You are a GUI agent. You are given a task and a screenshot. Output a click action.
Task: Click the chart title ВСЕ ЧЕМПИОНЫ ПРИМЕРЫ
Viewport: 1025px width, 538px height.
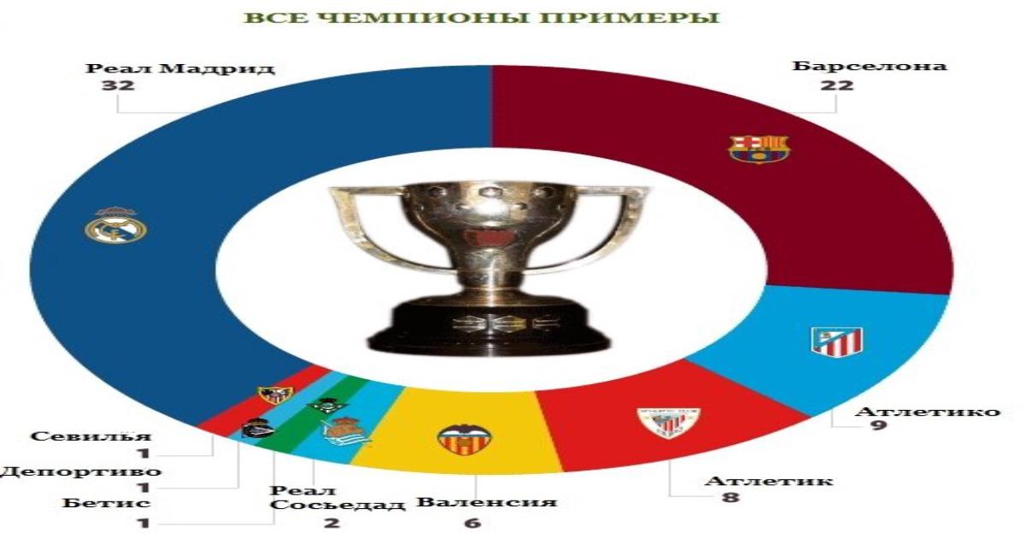tap(482, 18)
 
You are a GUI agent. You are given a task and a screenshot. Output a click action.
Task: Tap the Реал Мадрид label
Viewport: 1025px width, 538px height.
tap(180, 68)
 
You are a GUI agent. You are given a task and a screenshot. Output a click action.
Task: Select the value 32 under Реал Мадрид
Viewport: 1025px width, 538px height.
tap(118, 85)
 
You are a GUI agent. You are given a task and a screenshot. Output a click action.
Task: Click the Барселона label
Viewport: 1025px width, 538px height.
tap(870, 66)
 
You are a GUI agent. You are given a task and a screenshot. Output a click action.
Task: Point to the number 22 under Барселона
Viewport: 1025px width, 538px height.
tap(837, 85)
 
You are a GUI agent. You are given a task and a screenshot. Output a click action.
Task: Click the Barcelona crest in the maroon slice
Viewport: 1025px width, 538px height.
tap(759, 149)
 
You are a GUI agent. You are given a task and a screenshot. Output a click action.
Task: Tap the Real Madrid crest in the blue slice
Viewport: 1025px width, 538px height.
tap(116, 225)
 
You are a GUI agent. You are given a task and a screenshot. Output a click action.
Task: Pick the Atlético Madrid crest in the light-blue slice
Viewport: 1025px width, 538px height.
tap(837, 342)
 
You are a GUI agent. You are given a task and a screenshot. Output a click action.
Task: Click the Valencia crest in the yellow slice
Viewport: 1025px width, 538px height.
tap(465, 440)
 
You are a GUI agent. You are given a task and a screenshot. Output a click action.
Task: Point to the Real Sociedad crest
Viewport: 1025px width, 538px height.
tap(346, 432)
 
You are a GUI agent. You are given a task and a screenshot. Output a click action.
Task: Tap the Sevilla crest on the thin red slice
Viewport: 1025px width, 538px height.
tap(275, 395)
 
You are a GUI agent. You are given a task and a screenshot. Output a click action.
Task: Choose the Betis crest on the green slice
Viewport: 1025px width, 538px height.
tap(327, 406)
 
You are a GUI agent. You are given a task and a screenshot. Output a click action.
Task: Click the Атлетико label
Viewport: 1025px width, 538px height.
tap(927, 412)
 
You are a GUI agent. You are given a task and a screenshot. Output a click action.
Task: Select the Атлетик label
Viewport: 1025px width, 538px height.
tap(769, 482)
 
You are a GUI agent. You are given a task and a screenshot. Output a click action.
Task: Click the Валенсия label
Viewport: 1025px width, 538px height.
tap(487, 502)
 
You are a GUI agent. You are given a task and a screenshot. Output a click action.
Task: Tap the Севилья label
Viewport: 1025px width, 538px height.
tap(91, 436)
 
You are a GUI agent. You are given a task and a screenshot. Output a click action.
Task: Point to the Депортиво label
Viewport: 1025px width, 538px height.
tap(80, 471)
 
